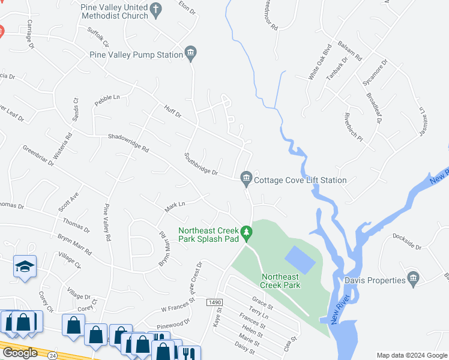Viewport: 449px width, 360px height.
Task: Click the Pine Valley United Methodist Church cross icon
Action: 156,9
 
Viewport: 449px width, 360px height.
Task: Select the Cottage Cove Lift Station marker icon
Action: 246,178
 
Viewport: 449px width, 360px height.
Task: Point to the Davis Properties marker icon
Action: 412,278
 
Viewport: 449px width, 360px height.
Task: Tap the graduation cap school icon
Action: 25,266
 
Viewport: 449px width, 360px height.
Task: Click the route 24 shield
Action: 52,355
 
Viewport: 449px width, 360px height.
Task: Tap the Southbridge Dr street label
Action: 201,164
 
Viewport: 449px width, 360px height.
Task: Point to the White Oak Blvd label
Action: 320,62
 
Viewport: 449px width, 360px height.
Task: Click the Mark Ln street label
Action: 174,206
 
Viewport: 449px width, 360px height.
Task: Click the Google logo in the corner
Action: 20,353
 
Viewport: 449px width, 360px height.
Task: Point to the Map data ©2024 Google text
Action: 411,355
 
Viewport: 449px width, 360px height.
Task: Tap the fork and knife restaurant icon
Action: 190,352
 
